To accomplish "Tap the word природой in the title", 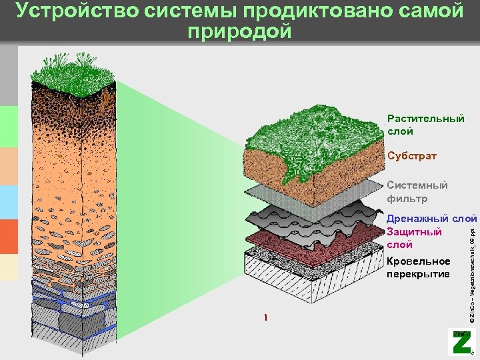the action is pos(240,31).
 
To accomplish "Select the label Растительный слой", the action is pos(425,125).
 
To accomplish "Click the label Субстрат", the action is pos(412,156).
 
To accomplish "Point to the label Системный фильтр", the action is pos(417,192).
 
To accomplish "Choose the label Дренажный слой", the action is pos(432,219).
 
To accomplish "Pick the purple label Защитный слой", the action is pos(414,238).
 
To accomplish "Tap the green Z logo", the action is pos(461,341).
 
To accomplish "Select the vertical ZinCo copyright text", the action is pos(471,267).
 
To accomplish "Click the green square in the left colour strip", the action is pos(9,126).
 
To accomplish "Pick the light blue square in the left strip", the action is pos(9,202).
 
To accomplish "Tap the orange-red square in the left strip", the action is pos(9,237).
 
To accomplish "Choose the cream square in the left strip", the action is pos(9,267).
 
